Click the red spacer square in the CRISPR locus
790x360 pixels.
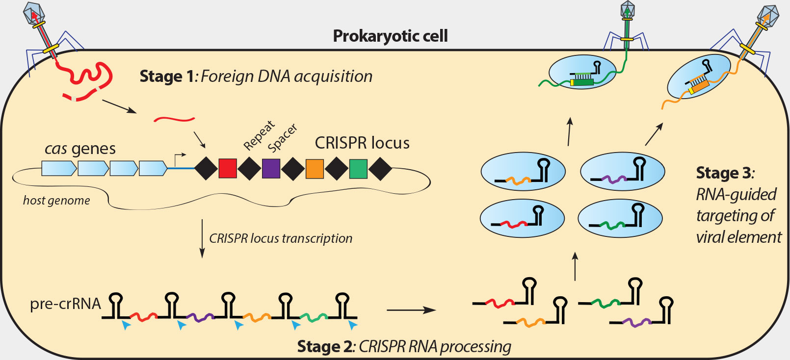(x=228, y=168)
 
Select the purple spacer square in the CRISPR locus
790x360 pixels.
(x=271, y=168)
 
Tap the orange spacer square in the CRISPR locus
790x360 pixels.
(x=315, y=168)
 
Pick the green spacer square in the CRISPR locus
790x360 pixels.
(x=358, y=168)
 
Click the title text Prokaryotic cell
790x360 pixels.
(x=390, y=36)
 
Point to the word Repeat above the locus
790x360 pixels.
(x=259, y=135)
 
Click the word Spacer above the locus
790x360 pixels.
(x=283, y=138)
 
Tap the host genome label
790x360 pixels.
(x=56, y=200)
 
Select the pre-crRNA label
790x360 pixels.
(x=65, y=304)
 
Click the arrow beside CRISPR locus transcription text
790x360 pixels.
(x=202, y=238)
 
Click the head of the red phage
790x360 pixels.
(x=34, y=12)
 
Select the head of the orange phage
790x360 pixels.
(x=767, y=16)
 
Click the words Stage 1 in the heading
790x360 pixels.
(x=167, y=77)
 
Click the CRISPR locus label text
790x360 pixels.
(x=362, y=143)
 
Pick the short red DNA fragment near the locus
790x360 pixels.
(x=174, y=119)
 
